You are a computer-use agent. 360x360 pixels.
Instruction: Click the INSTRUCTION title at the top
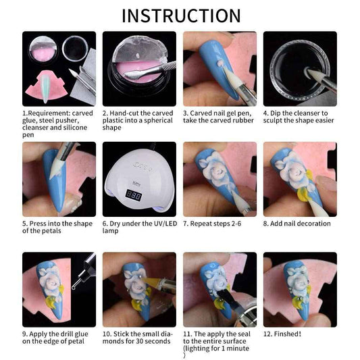tap(181, 16)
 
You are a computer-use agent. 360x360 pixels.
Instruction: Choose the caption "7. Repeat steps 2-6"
tap(212, 224)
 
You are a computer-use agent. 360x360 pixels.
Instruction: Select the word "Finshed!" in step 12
tap(287, 334)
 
